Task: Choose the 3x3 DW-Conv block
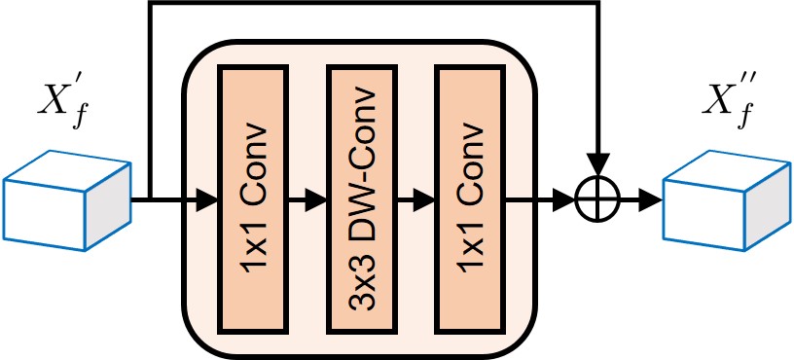362,199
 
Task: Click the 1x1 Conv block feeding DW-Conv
254,199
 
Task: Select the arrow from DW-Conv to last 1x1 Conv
415,201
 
